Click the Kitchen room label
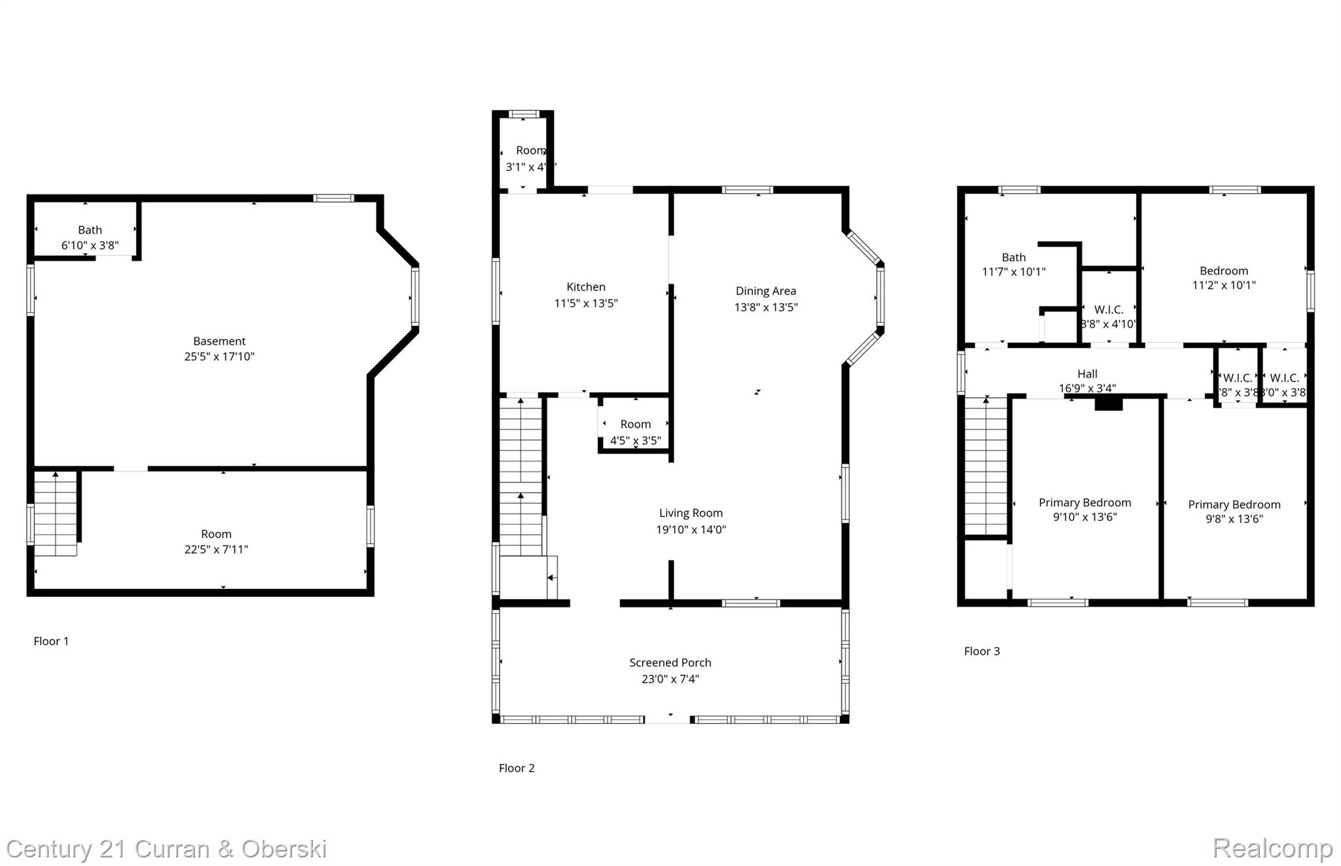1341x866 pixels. (585, 287)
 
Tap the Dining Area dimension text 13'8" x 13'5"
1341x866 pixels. (765, 307)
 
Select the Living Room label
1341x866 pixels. (691, 513)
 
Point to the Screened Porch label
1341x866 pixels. (670, 662)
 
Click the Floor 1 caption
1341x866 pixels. (51, 641)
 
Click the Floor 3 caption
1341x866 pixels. (982, 651)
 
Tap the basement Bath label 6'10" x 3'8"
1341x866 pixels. (90, 238)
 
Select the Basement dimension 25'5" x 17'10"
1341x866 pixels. (219, 357)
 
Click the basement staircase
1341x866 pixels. (56, 514)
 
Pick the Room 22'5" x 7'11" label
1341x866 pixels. (216, 542)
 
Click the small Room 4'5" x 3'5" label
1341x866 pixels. (635, 432)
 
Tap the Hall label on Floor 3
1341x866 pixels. (1087, 374)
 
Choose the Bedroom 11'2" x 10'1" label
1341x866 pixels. (1223, 278)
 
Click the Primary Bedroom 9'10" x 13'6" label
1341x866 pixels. (1084, 509)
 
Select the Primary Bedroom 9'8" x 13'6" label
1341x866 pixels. (1234, 511)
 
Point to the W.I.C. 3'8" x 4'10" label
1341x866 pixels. (1109, 317)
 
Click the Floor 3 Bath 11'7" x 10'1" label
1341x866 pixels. (1013, 264)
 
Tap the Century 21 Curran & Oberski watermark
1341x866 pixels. (166, 849)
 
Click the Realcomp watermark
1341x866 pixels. (1272, 848)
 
